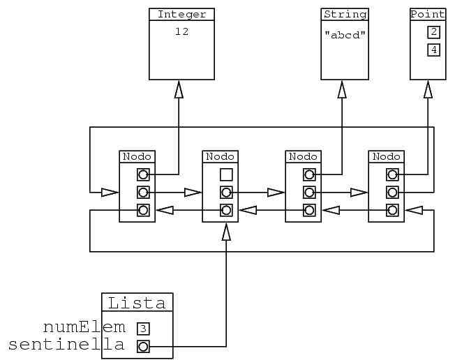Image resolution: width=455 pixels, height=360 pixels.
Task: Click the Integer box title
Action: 181,15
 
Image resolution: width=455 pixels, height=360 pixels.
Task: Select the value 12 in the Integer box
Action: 181,31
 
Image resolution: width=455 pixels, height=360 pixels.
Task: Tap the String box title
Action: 343,15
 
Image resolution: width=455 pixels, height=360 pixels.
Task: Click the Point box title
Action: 427,15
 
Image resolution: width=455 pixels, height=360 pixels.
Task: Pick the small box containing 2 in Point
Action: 433,32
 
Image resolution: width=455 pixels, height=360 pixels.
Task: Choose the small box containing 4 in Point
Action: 433,50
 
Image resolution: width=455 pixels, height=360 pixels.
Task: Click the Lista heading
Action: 137,303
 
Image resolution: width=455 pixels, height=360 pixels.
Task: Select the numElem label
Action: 84,327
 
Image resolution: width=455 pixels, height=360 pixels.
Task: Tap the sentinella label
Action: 66,345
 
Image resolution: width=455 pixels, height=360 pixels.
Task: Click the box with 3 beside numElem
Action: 143,328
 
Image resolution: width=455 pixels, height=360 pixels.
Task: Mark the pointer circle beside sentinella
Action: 143,346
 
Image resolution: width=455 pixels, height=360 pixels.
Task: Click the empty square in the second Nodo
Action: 225,174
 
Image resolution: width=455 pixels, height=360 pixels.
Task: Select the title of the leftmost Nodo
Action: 137,156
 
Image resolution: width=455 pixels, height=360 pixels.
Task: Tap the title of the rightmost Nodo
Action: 386,156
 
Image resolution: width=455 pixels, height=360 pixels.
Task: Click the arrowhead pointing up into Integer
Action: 179,89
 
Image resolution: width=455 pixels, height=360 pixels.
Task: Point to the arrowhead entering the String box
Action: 343,89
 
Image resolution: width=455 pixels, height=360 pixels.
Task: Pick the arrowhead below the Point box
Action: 427,89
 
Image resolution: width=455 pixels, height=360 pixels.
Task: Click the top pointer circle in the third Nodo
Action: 308,174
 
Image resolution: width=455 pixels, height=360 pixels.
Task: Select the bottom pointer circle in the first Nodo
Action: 142,210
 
